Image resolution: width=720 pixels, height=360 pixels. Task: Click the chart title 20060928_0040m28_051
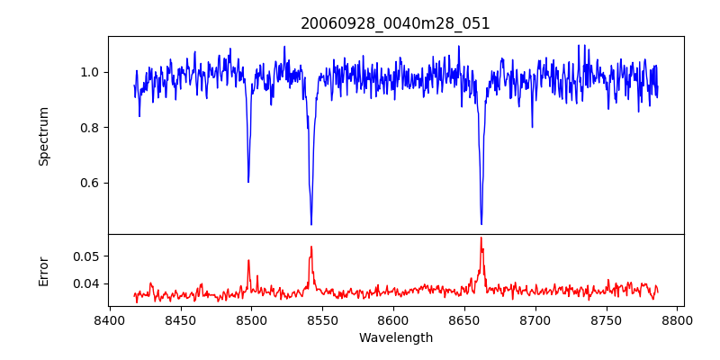(395, 23)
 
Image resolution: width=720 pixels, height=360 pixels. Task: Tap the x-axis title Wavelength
(395, 338)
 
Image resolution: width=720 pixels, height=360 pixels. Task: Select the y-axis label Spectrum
(43, 136)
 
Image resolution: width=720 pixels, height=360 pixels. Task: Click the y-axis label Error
(43, 271)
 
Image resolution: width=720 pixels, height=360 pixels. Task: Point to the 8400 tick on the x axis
(109, 319)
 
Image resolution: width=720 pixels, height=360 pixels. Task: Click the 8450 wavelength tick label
(180, 319)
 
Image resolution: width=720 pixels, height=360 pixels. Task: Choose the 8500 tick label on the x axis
(251, 319)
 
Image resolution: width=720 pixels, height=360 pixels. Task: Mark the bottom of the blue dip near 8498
(248, 182)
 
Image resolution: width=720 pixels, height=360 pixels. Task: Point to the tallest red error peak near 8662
(481, 238)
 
